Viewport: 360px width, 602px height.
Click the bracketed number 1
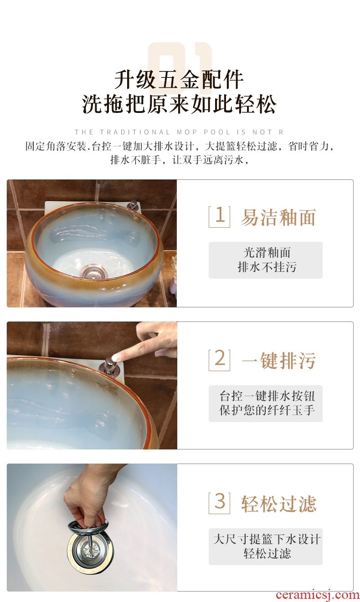click(219, 217)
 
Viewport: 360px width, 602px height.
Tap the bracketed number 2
click(219, 360)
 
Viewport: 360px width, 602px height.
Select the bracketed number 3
click(219, 503)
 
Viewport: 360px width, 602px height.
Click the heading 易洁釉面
click(278, 217)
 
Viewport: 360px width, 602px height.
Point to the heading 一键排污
click(278, 360)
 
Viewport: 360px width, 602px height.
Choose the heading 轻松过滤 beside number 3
click(278, 504)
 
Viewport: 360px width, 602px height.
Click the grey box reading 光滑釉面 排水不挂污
click(266, 260)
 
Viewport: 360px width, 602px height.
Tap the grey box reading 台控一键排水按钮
click(266, 403)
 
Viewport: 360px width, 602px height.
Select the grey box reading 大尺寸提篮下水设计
click(266, 546)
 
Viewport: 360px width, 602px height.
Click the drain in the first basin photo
click(93, 271)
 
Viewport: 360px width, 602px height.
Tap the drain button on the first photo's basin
click(134, 205)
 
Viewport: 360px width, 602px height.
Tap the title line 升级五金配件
click(179, 79)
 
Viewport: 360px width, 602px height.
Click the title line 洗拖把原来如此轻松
click(179, 104)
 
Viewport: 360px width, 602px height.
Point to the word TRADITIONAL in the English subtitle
click(135, 132)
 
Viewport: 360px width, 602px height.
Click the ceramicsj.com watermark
click(318, 595)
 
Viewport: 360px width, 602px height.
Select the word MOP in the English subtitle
click(187, 132)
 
